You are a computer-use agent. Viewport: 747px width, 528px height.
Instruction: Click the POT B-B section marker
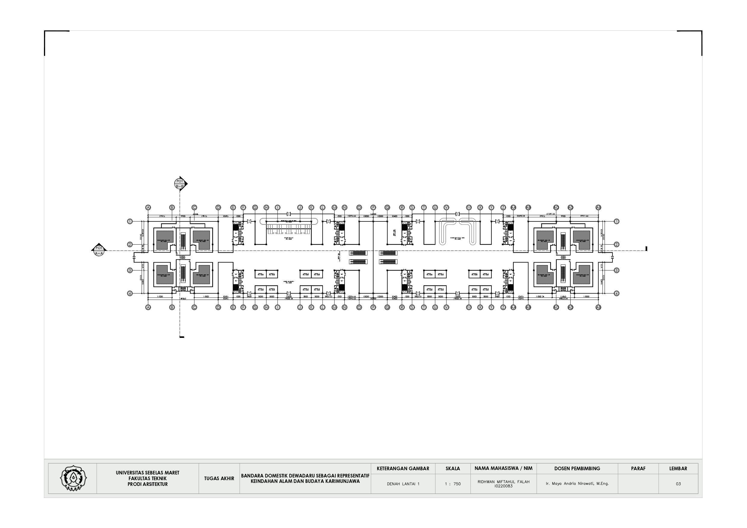(180, 184)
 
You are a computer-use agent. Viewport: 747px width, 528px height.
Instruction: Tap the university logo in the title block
(73, 478)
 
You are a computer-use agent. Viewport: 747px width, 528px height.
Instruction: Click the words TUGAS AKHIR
(219, 479)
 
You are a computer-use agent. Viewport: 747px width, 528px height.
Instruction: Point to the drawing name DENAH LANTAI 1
(403, 484)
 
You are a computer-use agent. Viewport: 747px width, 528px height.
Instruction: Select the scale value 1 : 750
(453, 484)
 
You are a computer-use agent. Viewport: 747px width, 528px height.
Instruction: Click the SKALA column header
(453, 468)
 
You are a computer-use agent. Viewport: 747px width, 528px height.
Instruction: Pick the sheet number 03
(678, 484)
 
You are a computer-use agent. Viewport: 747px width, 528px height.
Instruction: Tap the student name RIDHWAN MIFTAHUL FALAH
(503, 482)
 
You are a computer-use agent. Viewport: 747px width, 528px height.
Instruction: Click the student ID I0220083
(503, 486)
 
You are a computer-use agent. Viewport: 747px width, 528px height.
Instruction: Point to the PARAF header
(638, 468)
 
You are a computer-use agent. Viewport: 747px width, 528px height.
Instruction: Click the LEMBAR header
(678, 468)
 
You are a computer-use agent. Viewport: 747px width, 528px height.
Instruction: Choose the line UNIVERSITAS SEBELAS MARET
(147, 473)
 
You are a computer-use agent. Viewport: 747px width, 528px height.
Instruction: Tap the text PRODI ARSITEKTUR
(147, 484)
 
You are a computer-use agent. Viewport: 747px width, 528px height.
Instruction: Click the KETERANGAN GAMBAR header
(403, 468)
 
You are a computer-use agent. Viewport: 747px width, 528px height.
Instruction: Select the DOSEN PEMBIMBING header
(577, 468)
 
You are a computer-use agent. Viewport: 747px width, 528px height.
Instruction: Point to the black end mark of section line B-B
(182, 337)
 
